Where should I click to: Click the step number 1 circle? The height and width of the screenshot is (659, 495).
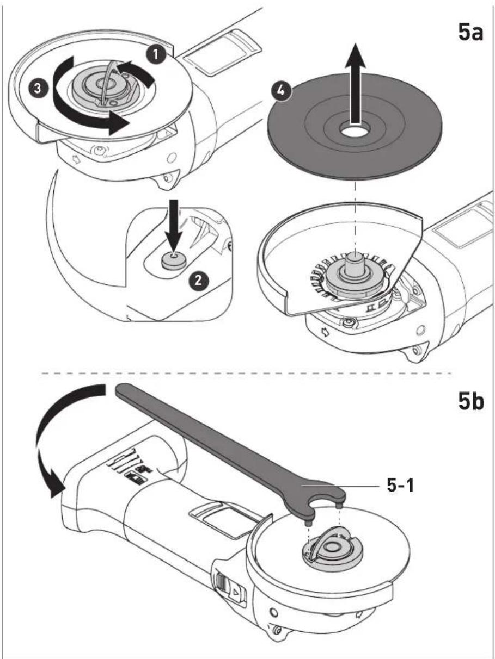[x=156, y=54]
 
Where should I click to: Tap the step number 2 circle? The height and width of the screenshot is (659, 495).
[x=198, y=281]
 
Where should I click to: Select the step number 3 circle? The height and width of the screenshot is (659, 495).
[x=37, y=89]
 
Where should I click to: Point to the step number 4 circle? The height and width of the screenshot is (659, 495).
[x=280, y=91]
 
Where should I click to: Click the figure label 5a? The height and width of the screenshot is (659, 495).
[x=470, y=33]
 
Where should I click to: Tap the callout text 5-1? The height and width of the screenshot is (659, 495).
[x=400, y=486]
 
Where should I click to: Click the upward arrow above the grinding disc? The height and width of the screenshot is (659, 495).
[x=355, y=84]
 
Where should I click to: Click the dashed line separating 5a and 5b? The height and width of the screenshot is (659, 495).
[x=247, y=374]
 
